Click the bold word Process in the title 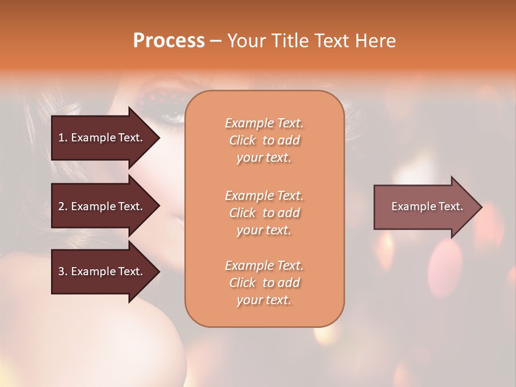point(169,41)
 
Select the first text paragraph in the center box point(264,140)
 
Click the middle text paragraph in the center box point(264,213)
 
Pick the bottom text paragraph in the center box point(264,283)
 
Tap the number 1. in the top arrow point(63,138)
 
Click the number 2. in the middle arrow point(63,206)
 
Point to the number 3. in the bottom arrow point(63,271)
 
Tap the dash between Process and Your point(216,41)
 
